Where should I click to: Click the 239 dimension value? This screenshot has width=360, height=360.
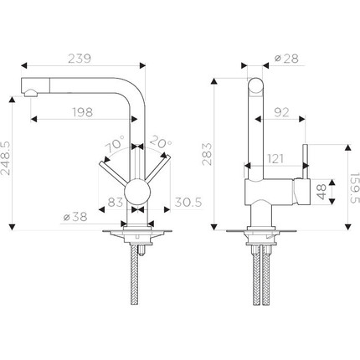pos(80,59)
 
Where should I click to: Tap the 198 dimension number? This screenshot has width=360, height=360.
pos(83,112)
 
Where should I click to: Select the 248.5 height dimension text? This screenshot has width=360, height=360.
pos(6,158)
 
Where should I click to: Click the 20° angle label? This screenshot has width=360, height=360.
pos(162,142)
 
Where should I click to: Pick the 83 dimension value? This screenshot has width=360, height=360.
pos(116,202)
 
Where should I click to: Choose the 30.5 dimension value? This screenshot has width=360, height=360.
pos(188,202)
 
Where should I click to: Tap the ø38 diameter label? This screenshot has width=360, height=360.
pos(75,217)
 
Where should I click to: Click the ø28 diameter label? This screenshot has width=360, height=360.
pos(286,59)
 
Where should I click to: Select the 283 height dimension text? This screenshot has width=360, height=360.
pos(207,154)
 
